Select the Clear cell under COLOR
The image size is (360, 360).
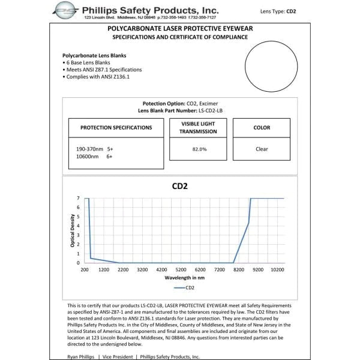coord(261,149)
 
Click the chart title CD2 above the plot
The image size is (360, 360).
coord(179,186)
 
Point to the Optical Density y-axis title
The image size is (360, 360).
coord(73,231)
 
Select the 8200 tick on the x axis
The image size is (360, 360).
coord(239,270)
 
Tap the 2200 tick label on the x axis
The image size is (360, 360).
coord(123,270)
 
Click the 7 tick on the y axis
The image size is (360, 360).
coord(78,198)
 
